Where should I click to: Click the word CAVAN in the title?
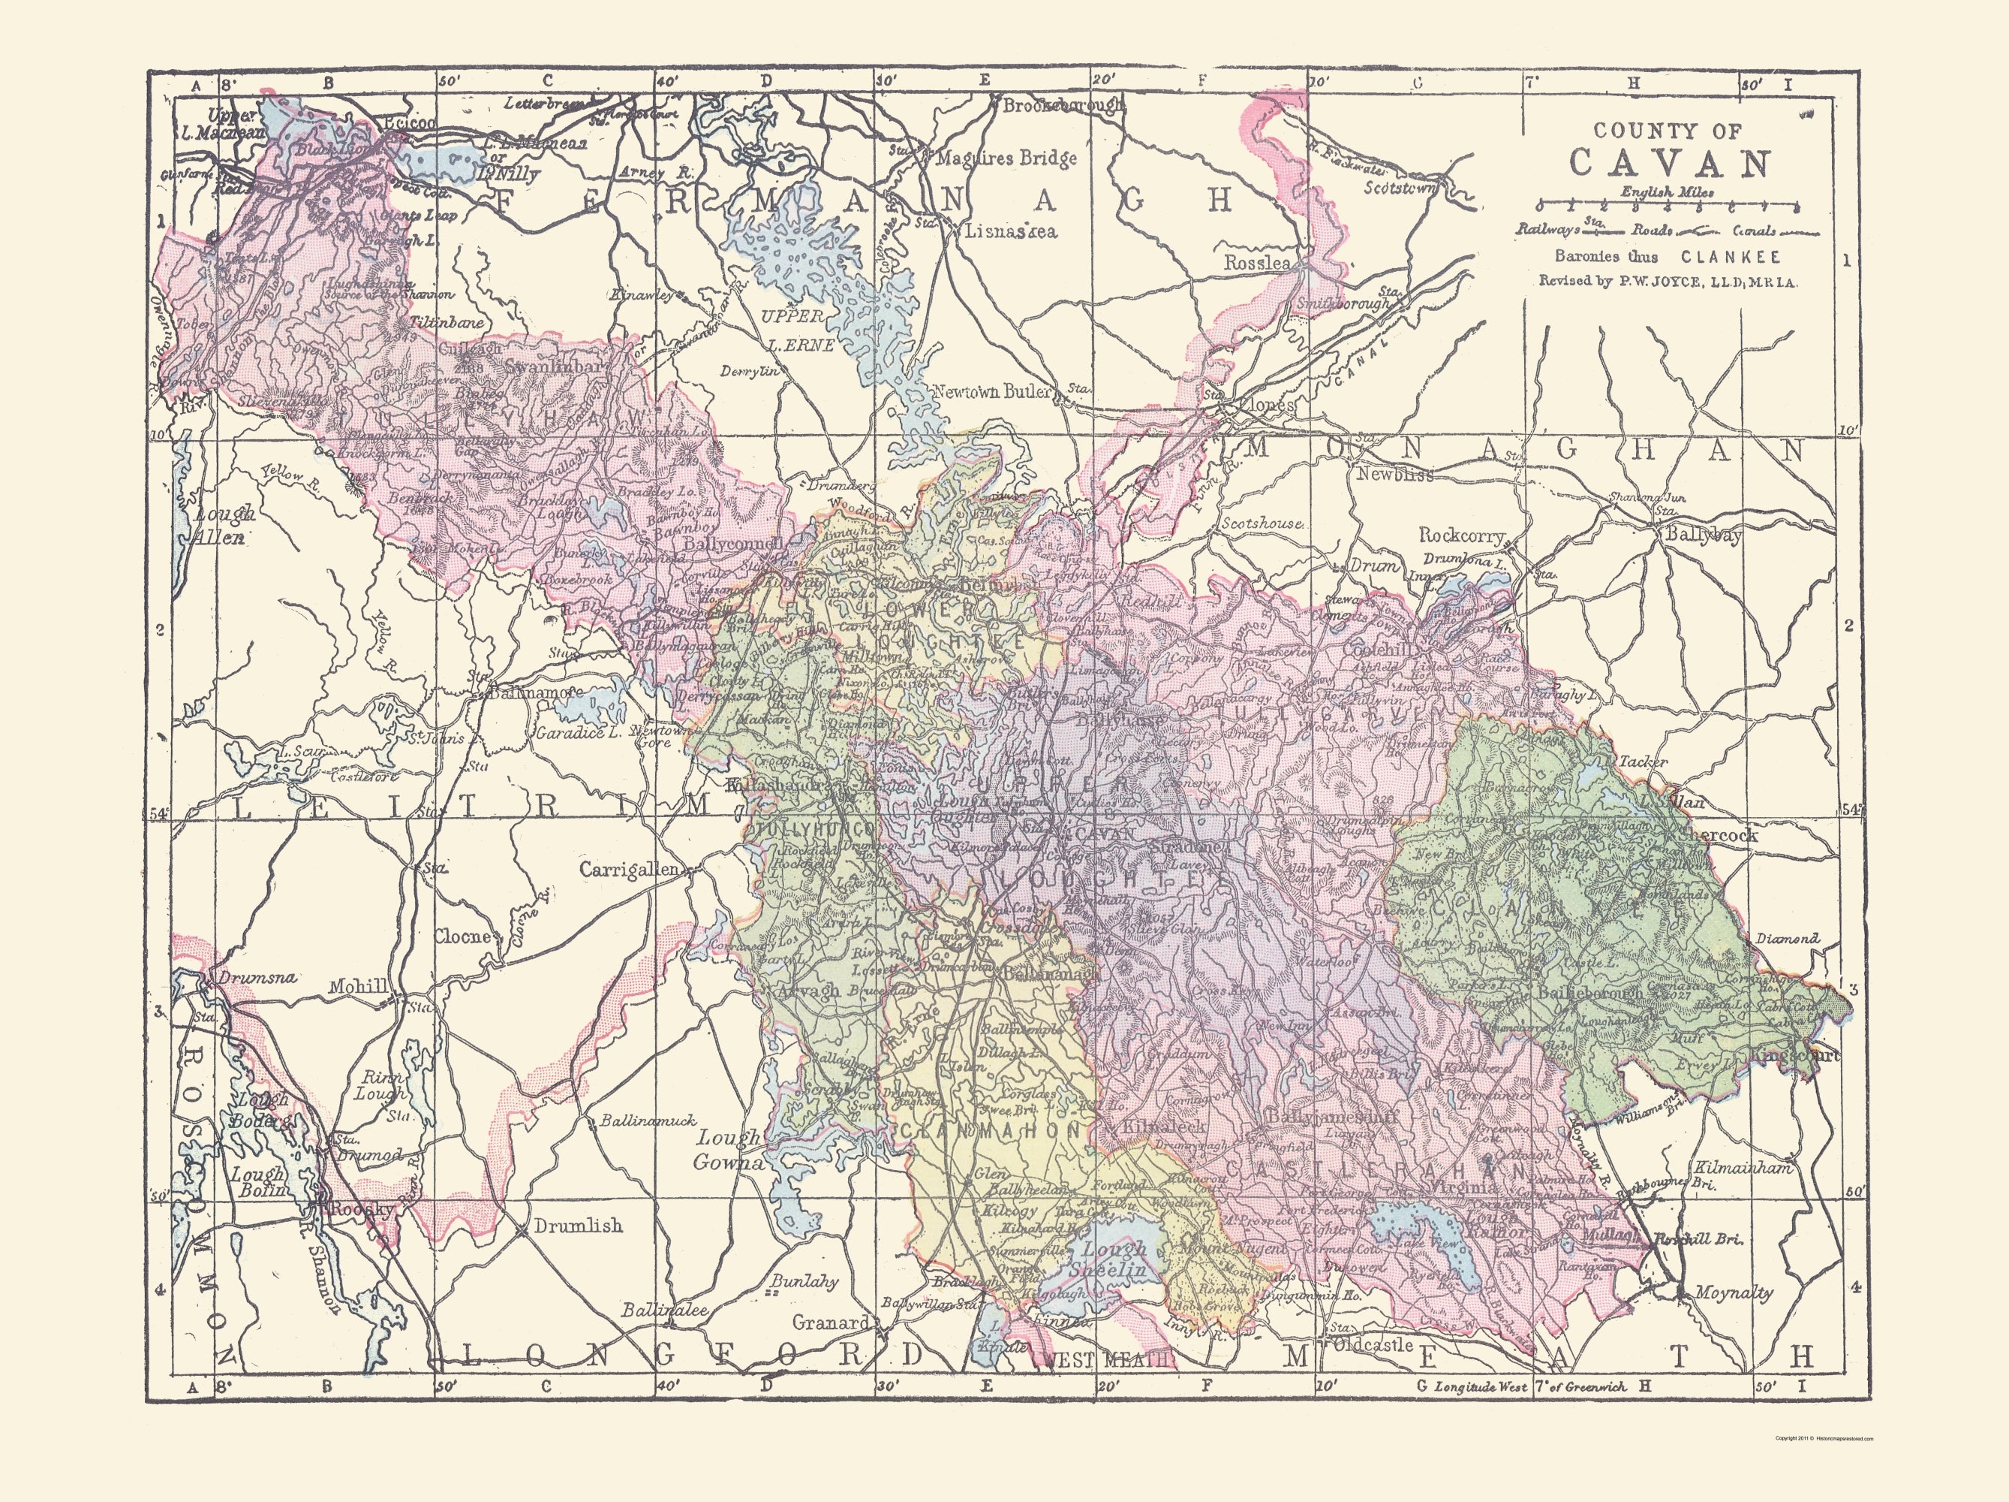tap(1669, 164)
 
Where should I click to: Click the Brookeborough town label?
tap(1063, 105)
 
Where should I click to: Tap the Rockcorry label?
tap(1461, 536)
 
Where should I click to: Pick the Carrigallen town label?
tap(628, 870)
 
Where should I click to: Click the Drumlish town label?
tap(578, 1226)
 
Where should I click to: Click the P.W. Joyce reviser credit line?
tap(1668, 282)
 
